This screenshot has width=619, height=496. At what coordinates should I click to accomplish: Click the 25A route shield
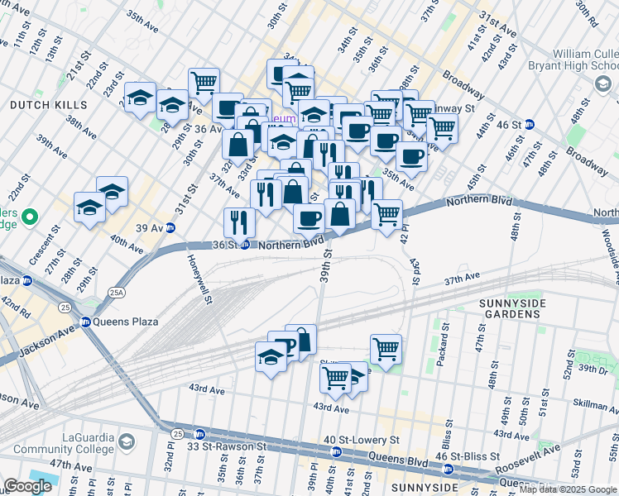pos(116,290)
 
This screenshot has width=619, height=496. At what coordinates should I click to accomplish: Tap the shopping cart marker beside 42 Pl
pos(386,214)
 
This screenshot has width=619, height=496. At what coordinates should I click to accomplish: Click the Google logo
pos(27,486)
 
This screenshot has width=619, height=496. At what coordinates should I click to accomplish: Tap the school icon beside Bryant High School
pos(602,83)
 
